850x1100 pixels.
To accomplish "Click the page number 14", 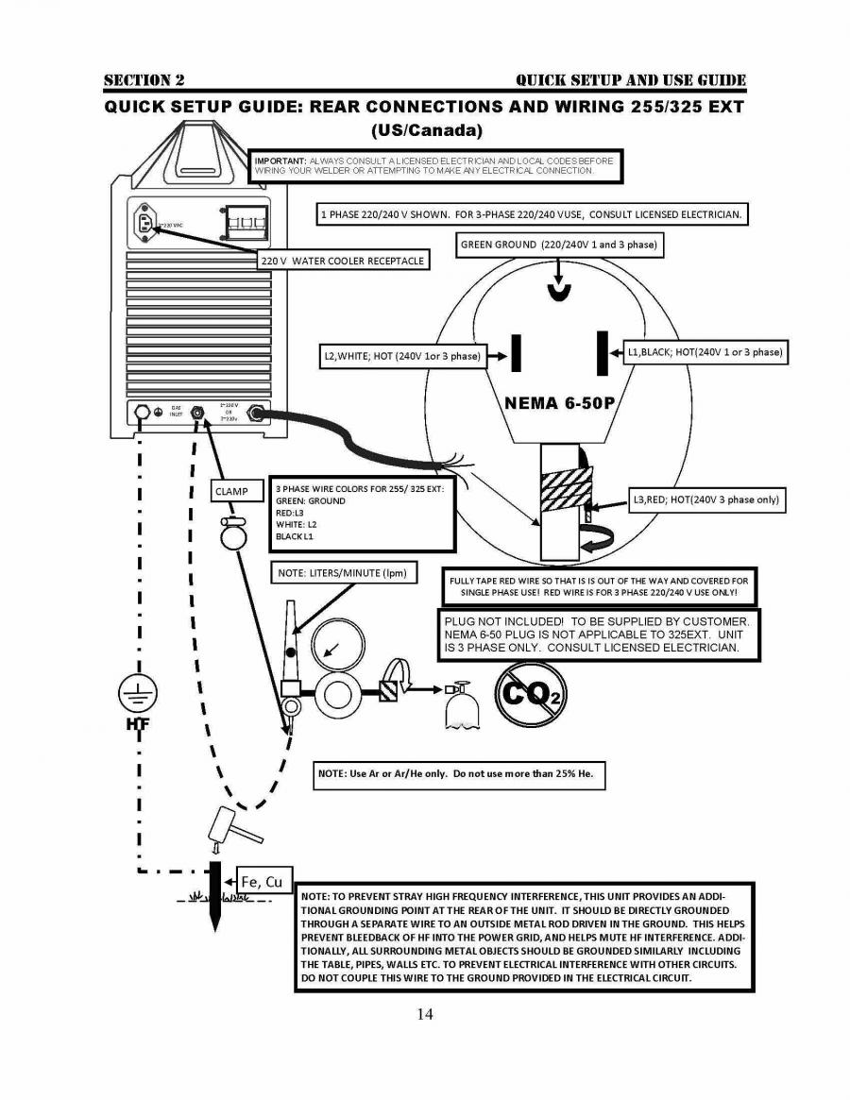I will pyautogui.click(x=424, y=1015).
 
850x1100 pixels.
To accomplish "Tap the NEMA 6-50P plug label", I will pyautogui.click(x=559, y=402).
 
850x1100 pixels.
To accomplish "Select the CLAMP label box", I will pyautogui.click(x=230, y=491).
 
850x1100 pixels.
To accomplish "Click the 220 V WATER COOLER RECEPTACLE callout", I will pyautogui.click(x=343, y=260).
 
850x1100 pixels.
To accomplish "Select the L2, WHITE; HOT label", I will pyautogui.click(x=401, y=356).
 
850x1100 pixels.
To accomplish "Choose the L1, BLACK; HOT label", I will pyautogui.click(x=705, y=352).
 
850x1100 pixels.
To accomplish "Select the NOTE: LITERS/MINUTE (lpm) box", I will pyautogui.click(x=341, y=573).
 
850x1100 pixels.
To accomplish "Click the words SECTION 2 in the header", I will pyautogui.click(x=144, y=80).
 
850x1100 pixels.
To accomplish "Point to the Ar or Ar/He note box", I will pyautogui.click(x=458, y=774).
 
